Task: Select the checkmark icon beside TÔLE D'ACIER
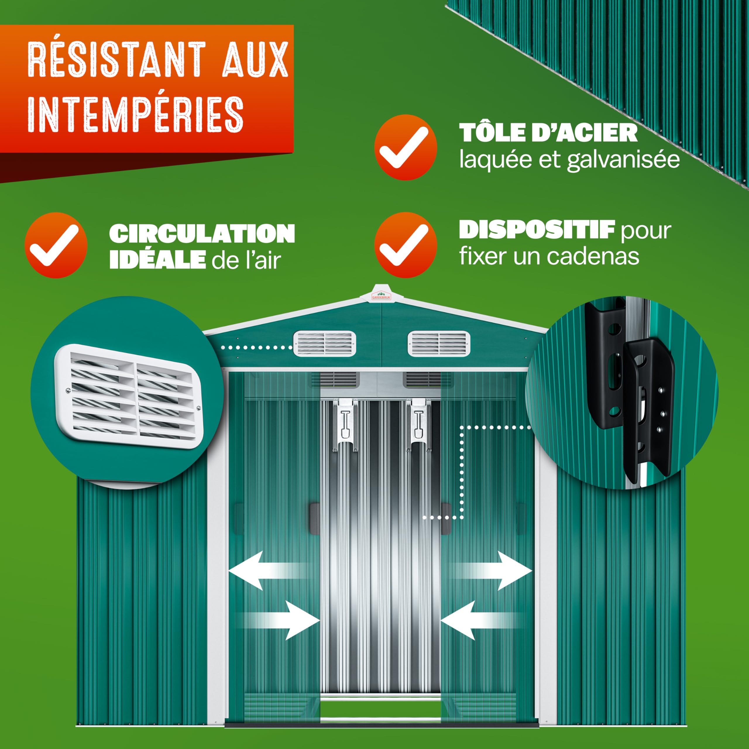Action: (406, 147)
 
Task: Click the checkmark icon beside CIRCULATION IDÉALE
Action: (56, 245)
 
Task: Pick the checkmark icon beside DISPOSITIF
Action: (406, 245)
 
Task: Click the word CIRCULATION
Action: (202, 234)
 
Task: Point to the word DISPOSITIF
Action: (537, 230)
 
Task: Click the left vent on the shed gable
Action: (324, 343)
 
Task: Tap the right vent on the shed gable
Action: (439, 343)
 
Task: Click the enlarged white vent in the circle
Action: (129, 396)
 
